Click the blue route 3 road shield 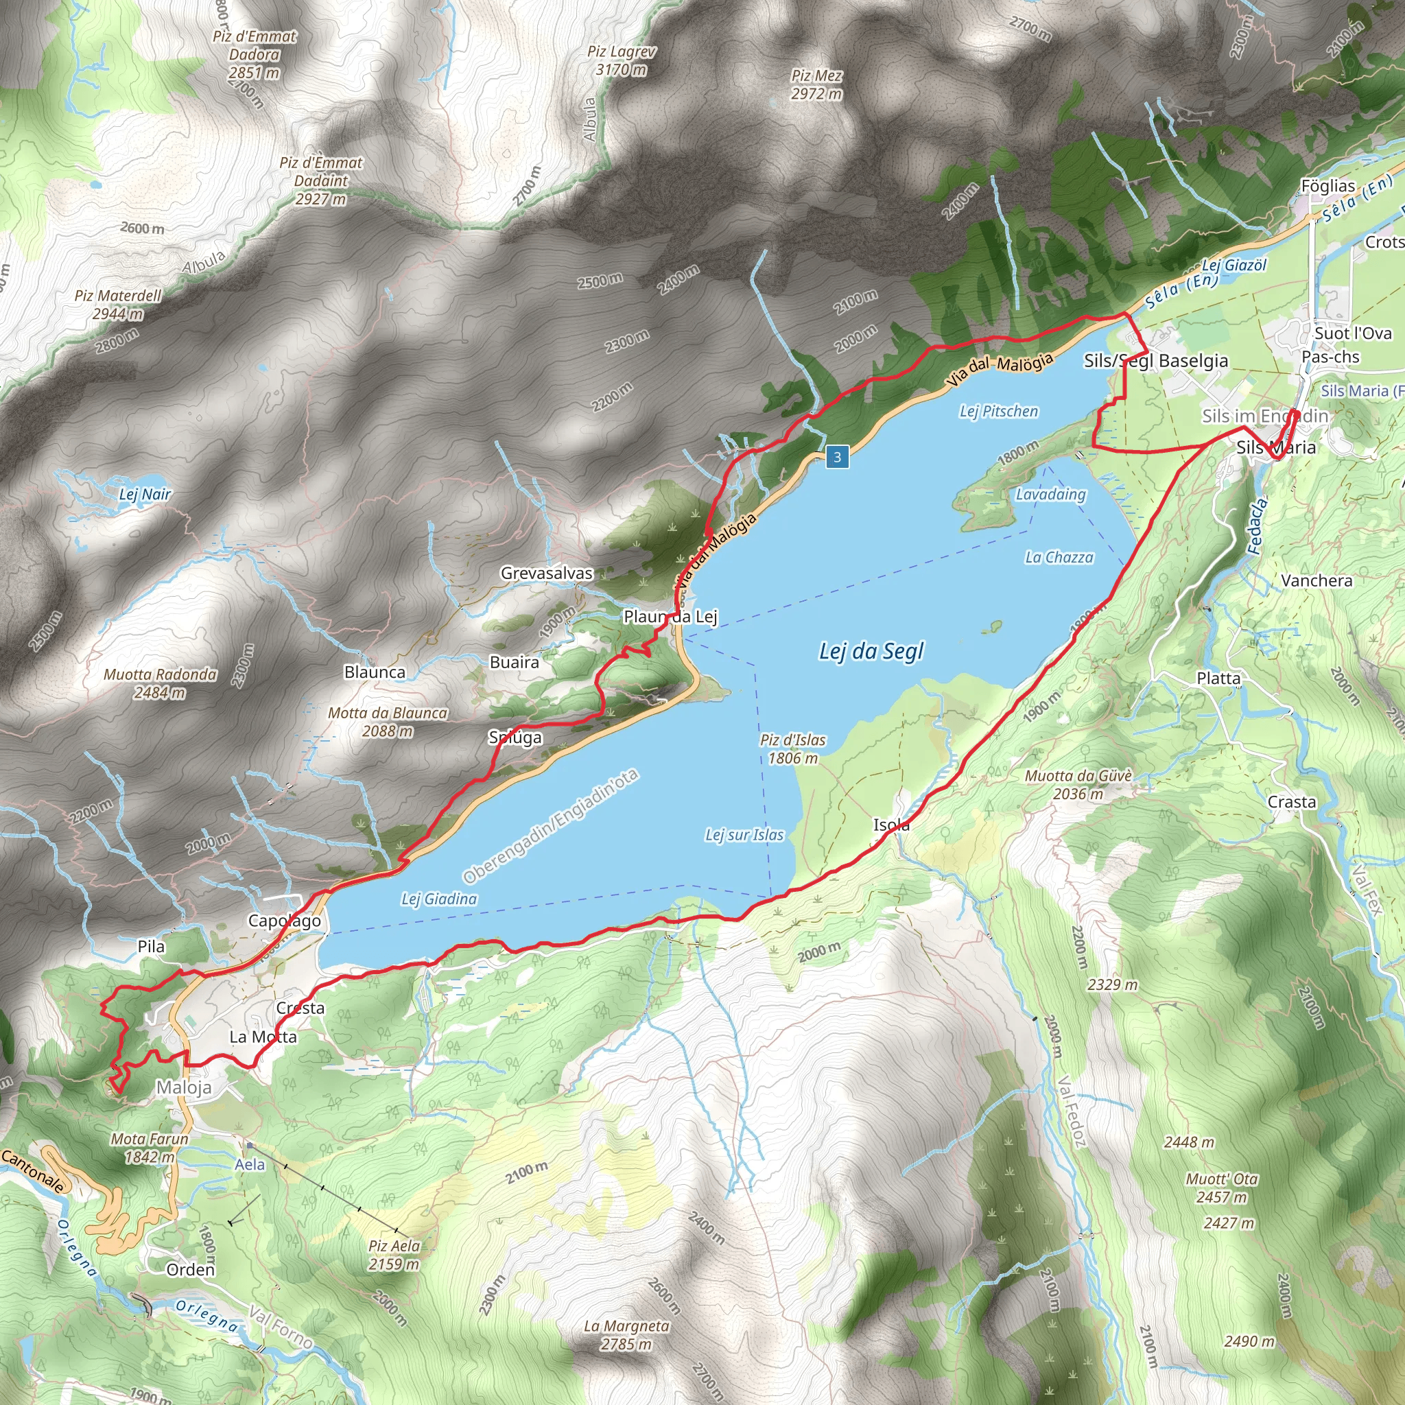837,457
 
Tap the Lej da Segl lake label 871,651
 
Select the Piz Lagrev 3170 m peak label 621,61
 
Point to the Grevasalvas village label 546,573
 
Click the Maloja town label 184,1087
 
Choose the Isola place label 891,825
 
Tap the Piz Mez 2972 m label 816,84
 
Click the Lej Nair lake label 145,495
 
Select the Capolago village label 284,921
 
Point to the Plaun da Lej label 670,617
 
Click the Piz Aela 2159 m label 394,1255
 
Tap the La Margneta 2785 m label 626,1334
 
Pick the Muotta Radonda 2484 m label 160,683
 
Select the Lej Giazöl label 1234,265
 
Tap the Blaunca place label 375,672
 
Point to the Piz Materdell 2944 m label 118,305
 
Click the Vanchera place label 1317,580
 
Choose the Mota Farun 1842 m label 149,1147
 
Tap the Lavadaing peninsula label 1050,495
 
